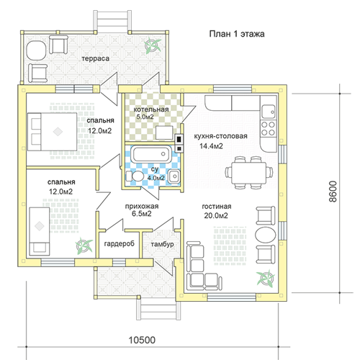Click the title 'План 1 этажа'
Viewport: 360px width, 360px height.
coord(237,34)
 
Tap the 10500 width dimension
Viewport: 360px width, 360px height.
coord(142,340)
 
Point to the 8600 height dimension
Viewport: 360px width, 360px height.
coord(333,192)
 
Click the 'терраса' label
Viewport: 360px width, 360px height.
coord(96,59)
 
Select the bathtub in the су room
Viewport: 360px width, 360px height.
coord(151,154)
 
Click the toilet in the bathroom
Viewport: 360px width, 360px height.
coord(134,176)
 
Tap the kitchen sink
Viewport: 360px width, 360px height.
coord(269,112)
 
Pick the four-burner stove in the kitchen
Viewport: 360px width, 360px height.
coord(269,129)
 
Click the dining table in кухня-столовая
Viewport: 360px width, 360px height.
coord(249,172)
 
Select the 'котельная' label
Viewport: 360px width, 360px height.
coord(151,109)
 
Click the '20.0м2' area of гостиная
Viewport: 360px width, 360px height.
coord(216,216)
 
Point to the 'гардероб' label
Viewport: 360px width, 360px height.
coord(120,244)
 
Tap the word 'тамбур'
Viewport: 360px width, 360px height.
coord(162,244)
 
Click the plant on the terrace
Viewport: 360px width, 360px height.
coord(152,45)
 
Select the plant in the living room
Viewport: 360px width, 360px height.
coord(265,278)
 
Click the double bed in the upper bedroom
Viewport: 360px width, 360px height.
coord(53,132)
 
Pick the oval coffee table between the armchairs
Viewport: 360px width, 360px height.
coord(265,235)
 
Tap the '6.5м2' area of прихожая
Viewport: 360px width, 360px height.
coord(142,214)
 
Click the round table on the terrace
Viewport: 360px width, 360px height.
coord(36,50)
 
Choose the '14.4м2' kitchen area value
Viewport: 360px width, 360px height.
coord(211,145)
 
